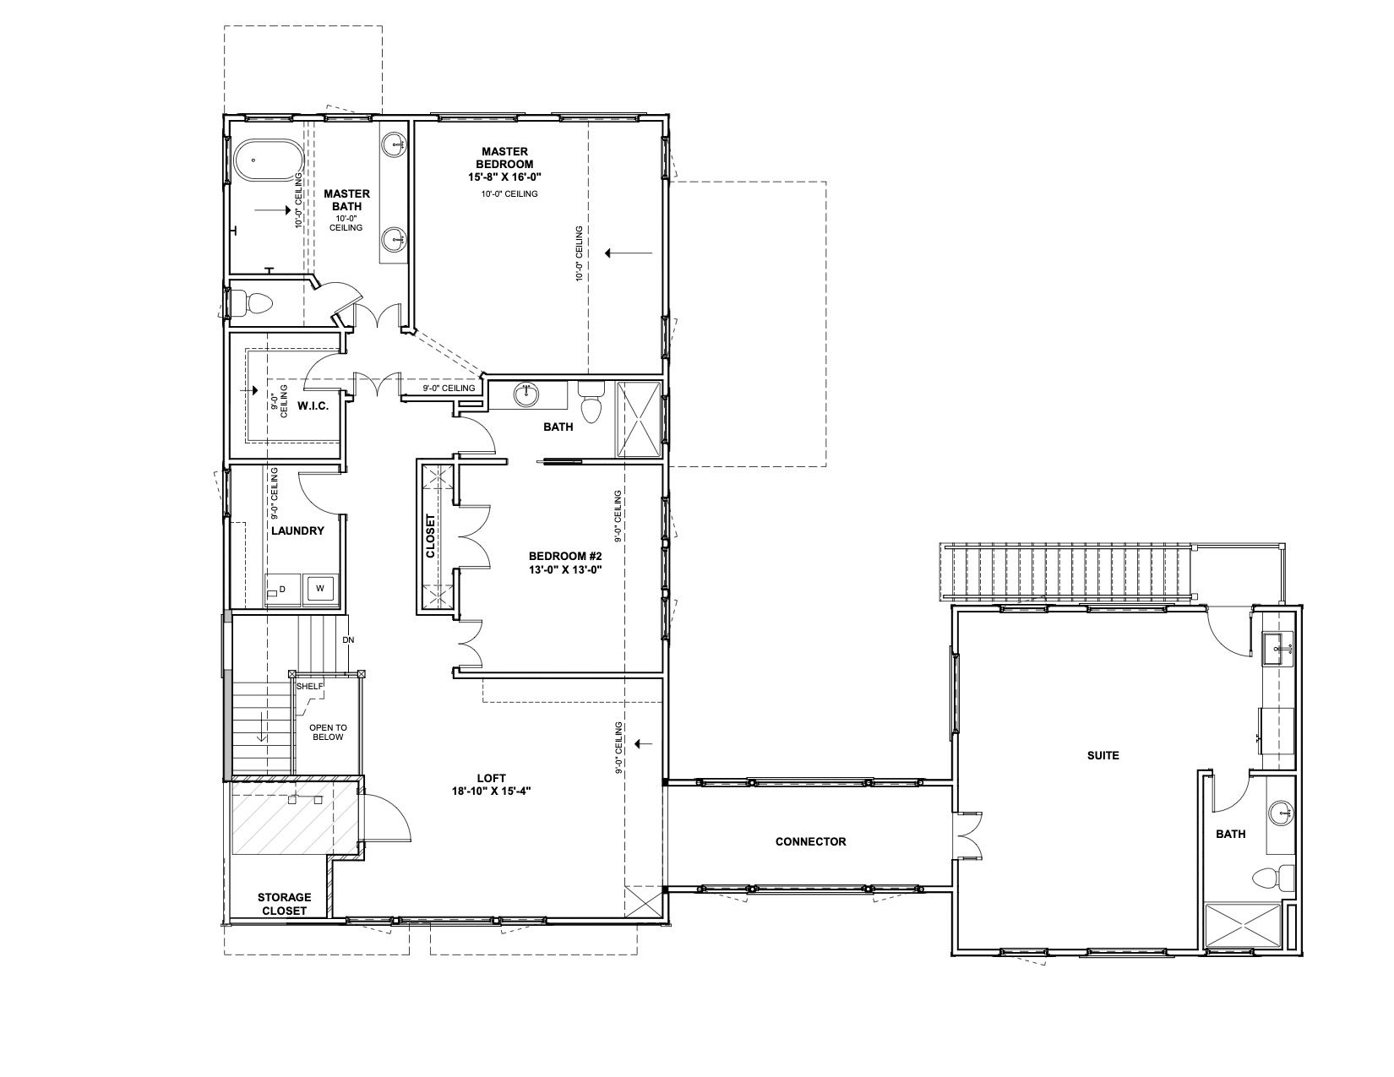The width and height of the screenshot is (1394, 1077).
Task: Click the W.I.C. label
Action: click(x=313, y=406)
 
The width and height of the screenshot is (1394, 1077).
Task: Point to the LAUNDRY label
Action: click(x=297, y=531)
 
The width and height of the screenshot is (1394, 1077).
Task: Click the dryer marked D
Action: click(x=281, y=590)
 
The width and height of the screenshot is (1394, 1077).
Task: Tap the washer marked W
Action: click(x=319, y=588)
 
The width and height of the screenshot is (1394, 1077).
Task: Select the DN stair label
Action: click(x=348, y=640)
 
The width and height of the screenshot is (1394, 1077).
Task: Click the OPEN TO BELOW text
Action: click(x=328, y=732)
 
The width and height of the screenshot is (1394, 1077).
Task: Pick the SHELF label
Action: click(x=310, y=687)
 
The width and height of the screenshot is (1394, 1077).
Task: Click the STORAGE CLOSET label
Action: click(x=284, y=904)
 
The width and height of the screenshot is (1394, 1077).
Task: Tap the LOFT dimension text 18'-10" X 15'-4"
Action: click(x=492, y=791)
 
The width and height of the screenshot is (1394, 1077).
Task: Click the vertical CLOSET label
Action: click(x=431, y=536)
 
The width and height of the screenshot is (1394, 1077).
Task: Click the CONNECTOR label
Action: click(x=811, y=841)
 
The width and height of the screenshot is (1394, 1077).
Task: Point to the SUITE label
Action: click(x=1103, y=756)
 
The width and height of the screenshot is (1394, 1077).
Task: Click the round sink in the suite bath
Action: click(x=1282, y=814)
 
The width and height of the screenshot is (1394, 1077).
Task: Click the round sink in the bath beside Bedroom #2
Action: click(x=527, y=394)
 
